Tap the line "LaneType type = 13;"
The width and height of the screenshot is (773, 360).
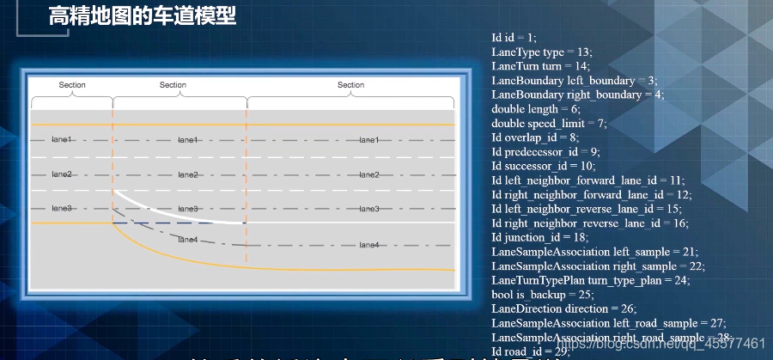point(541,52)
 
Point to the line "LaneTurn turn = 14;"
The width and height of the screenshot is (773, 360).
point(540,66)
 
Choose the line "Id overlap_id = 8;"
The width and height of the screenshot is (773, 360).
point(535,137)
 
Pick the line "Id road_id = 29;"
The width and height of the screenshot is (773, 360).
point(531,351)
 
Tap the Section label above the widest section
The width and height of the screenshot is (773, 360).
point(350,85)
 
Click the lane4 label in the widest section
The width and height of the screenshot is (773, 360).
point(368,245)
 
